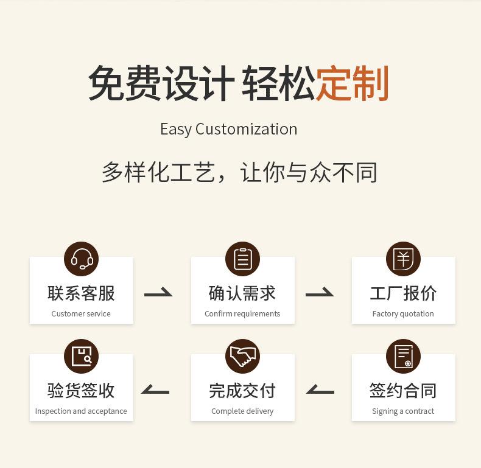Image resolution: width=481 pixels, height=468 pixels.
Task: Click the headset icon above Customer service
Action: pyautogui.click(x=82, y=259)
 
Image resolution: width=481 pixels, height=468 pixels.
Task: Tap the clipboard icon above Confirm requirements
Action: pyautogui.click(x=243, y=259)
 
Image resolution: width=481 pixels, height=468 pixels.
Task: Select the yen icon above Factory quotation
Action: pyautogui.click(x=403, y=259)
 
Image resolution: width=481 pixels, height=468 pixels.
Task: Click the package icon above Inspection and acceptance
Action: pyautogui.click(x=82, y=356)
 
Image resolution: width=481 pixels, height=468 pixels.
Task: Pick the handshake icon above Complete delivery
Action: pyautogui.click(x=243, y=356)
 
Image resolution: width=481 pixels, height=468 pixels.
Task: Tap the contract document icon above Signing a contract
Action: pyautogui.click(x=403, y=356)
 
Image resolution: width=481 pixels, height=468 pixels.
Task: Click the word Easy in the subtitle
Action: pyautogui.click(x=175, y=129)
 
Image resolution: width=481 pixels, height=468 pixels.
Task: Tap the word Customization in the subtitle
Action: pyautogui.click(x=247, y=129)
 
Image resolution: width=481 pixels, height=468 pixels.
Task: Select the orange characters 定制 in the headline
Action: pyautogui.click(x=353, y=83)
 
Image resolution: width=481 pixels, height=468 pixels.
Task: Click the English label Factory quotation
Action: pyautogui.click(x=403, y=314)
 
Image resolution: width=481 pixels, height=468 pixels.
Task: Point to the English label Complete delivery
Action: pyautogui.click(x=242, y=411)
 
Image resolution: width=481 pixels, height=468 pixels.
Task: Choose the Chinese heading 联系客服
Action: pyautogui.click(x=82, y=293)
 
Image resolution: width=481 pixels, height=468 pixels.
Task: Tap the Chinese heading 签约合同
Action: pyautogui.click(x=403, y=391)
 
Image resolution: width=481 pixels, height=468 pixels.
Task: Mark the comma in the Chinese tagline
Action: pyautogui.click(x=222, y=178)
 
